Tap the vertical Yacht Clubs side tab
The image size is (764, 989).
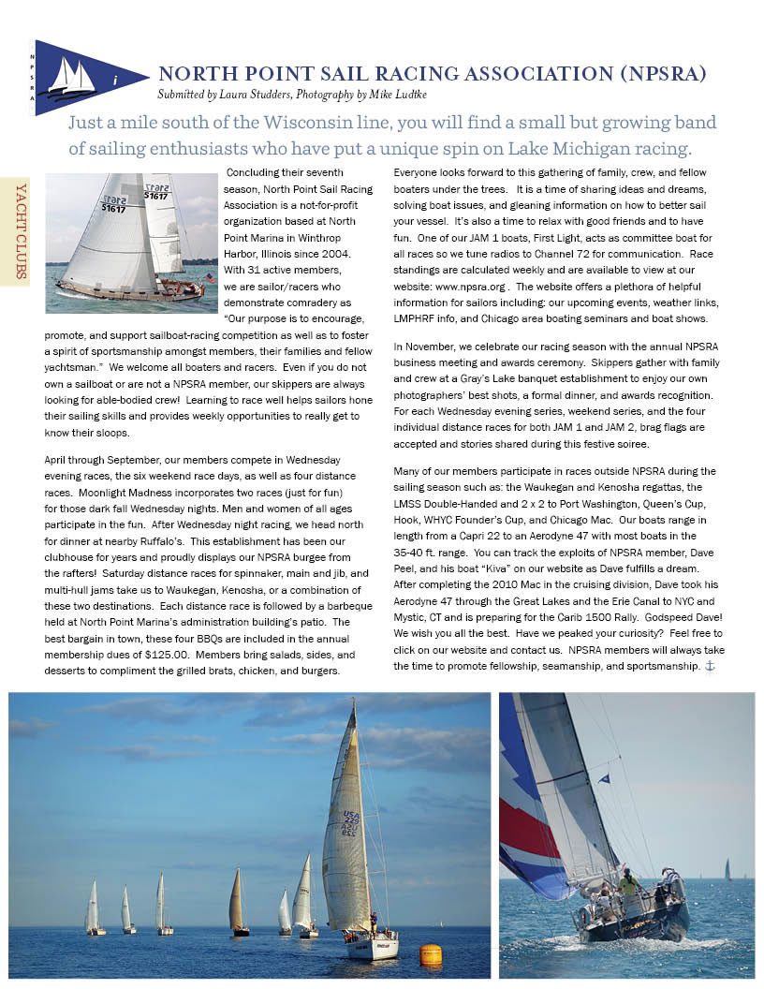(x=17, y=230)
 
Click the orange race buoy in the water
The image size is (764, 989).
(x=431, y=954)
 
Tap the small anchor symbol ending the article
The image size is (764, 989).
(x=709, y=666)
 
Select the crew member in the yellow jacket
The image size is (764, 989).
(x=628, y=881)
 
